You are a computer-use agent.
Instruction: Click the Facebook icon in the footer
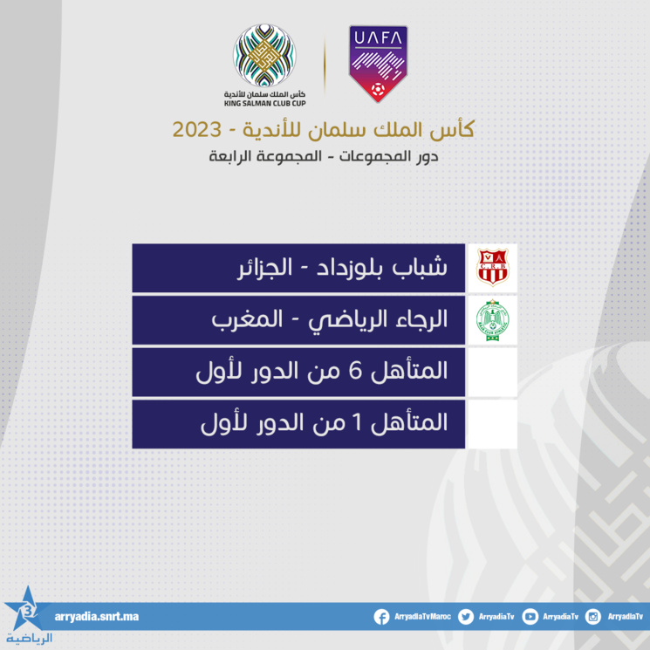(381, 617)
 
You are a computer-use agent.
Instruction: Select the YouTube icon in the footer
(530, 617)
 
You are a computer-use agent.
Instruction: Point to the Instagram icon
(593, 617)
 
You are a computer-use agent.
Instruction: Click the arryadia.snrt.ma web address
(96, 617)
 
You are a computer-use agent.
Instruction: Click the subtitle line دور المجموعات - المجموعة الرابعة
(325, 158)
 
